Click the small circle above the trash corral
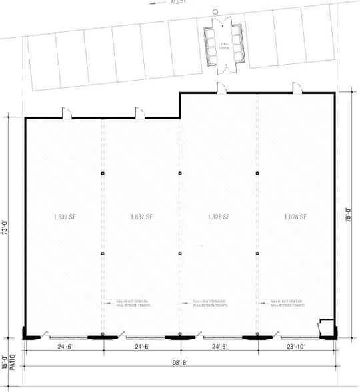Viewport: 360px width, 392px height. (x=215, y=12)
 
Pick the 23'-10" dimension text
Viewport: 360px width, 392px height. (x=293, y=347)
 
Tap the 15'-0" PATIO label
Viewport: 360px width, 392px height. (x=9, y=363)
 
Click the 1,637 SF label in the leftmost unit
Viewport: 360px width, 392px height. (x=64, y=217)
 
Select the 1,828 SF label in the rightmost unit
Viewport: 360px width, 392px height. (x=295, y=217)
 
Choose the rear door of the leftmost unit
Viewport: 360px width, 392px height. (x=67, y=113)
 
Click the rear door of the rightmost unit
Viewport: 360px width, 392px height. (x=295, y=87)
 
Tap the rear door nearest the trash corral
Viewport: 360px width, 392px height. (x=221, y=87)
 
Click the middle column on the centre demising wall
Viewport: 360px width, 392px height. (x=180, y=254)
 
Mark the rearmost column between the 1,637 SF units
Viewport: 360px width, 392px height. (x=103, y=173)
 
